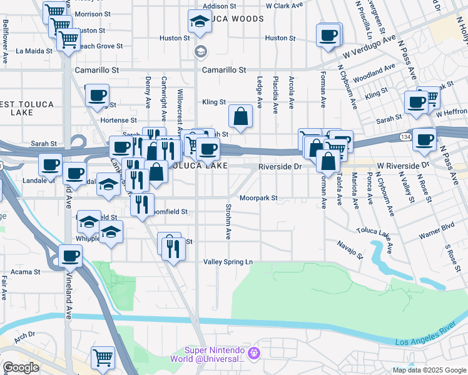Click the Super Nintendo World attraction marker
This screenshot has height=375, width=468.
coord(253,354)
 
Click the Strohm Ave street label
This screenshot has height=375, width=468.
coord(228,221)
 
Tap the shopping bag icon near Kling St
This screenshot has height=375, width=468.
coord(240,116)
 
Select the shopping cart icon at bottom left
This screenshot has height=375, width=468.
coord(103,357)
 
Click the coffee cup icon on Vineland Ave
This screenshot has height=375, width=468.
coord(71,255)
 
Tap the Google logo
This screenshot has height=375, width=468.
coord(20,367)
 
